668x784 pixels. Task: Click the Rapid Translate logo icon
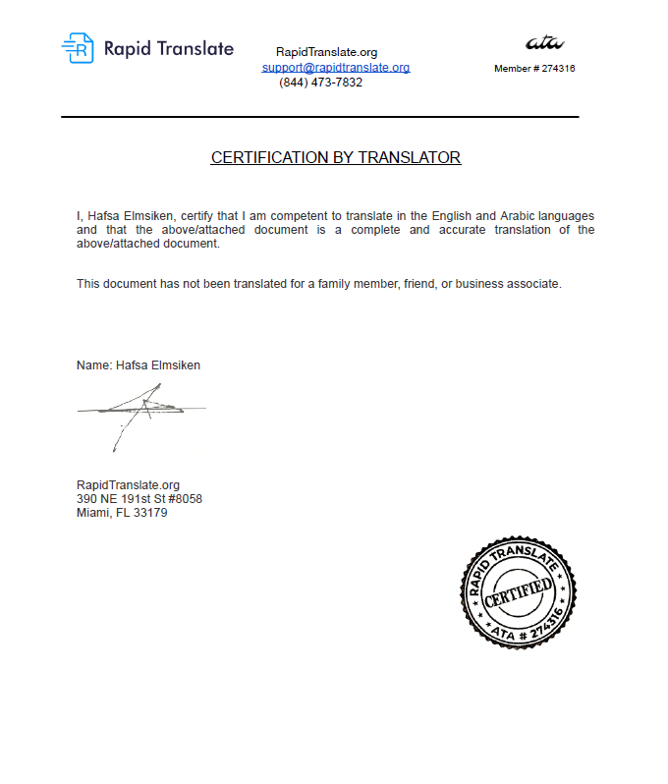[x=78, y=48]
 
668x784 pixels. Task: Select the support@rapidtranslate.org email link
[x=335, y=68]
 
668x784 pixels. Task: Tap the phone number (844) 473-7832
[x=320, y=83]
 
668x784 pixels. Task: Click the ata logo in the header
[x=544, y=42]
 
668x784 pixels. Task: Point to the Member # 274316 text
[x=534, y=69]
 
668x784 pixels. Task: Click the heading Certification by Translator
[x=335, y=157]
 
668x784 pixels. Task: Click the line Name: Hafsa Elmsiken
[x=139, y=365]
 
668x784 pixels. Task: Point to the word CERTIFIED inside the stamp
[x=518, y=592]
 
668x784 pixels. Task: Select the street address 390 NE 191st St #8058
[x=139, y=498]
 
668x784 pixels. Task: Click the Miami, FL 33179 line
[x=122, y=512]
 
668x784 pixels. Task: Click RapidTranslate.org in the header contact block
[x=326, y=52]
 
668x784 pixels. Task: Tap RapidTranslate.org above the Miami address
[x=128, y=484]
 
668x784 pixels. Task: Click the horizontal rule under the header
[x=319, y=117]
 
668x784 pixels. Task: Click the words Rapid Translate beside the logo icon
[x=168, y=48]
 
